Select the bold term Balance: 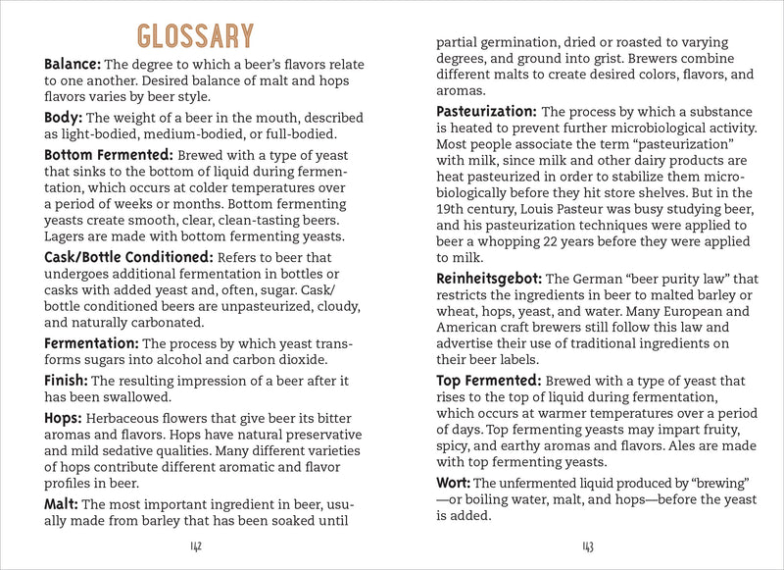tap(73, 64)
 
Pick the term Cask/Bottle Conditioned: tap(130, 257)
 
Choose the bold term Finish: tap(66, 380)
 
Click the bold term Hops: tap(65, 417)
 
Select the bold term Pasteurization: tap(486, 111)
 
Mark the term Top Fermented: tap(488, 381)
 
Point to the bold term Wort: tap(454, 483)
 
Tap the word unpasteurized tap(261, 304)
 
